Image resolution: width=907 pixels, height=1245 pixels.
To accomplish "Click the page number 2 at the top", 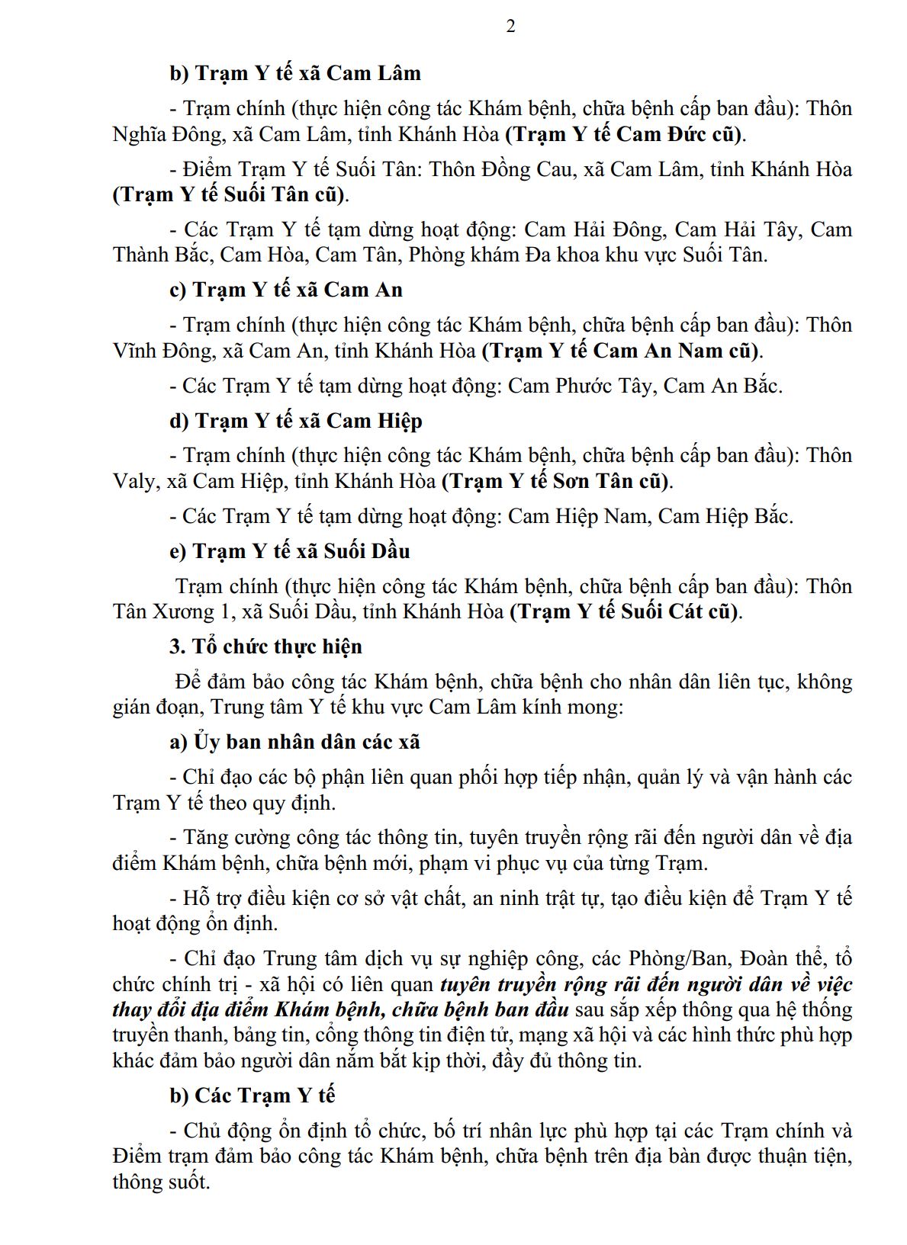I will click(x=510, y=27).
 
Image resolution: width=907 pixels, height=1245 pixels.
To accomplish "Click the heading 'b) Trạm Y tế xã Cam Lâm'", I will click(x=295, y=73).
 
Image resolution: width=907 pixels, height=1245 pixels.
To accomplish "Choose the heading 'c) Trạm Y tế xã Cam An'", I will click(x=286, y=290).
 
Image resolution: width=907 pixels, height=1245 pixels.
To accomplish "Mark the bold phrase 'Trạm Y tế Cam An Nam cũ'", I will click(x=622, y=351).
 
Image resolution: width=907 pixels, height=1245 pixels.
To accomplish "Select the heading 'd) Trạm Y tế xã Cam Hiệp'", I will click(x=296, y=421).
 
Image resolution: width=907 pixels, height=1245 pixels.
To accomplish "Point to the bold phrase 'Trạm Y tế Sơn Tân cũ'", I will click(x=557, y=481).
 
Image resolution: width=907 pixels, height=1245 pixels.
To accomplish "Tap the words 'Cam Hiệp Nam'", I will click(x=577, y=516).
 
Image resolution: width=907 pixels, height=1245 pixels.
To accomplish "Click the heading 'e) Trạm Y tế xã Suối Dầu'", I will click(x=290, y=551).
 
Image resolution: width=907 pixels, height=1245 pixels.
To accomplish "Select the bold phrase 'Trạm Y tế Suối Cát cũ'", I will click(x=626, y=611).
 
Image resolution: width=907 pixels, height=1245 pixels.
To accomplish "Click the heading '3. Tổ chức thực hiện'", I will click(x=265, y=647).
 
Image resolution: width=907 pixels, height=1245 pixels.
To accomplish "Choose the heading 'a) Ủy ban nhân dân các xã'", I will click(x=294, y=742).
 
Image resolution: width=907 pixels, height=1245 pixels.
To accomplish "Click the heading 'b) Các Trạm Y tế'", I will click(x=252, y=1096).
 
